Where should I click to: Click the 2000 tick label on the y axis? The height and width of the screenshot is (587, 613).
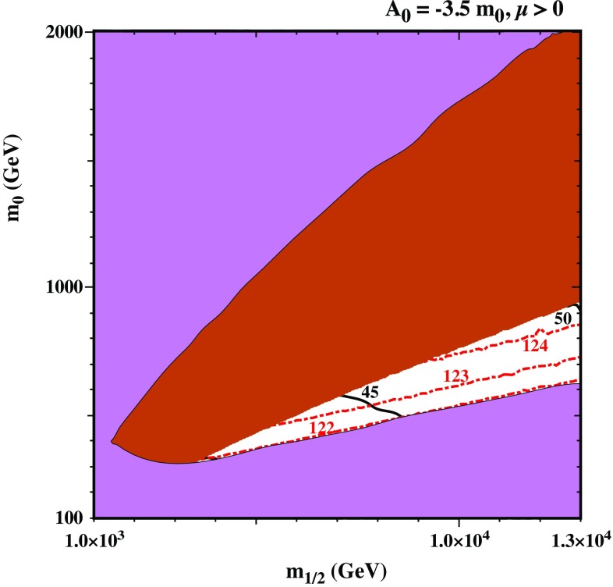coord(69,32)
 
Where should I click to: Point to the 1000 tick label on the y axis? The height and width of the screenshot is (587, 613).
coord(69,286)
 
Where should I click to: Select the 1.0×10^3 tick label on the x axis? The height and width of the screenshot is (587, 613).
coord(94,539)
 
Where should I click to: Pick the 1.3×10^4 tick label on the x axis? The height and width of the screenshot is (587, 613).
coord(578,539)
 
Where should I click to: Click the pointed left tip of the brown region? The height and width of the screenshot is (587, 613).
coord(113,442)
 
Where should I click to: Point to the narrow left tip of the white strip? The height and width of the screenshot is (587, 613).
coord(200,461)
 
